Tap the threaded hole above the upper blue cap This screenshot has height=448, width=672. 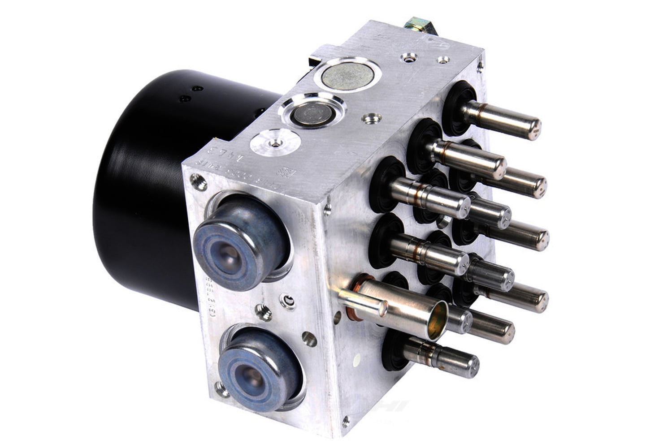[198, 181]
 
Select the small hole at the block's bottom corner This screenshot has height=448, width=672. [346, 422]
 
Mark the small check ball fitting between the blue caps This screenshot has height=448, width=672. [287, 301]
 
